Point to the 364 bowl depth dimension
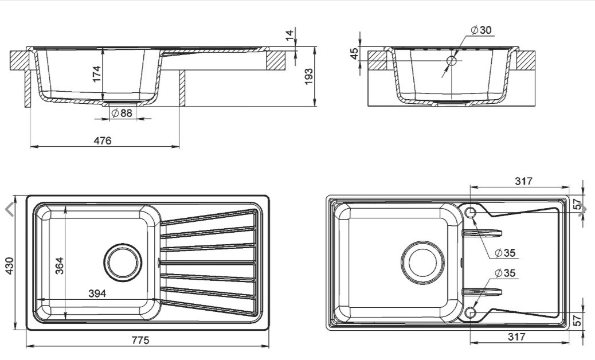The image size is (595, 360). pyautogui.click(x=59, y=264)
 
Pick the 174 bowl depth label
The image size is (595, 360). pyautogui.click(x=96, y=73)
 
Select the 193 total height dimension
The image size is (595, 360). pyautogui.click(x=308, y=76)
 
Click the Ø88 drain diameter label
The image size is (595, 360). pyautogui.click(x=122, y=113)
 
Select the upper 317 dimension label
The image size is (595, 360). pyautogui.click(x=523, y=181)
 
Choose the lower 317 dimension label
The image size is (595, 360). pyautogui.click(x=516, y=337)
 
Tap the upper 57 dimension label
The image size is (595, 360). pyautogui.click(x=577, y=204)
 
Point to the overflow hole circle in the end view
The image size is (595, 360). pyautogui.click(x=451, y=60)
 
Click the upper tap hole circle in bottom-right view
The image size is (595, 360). pyautogui.click(x=472, y=213)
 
